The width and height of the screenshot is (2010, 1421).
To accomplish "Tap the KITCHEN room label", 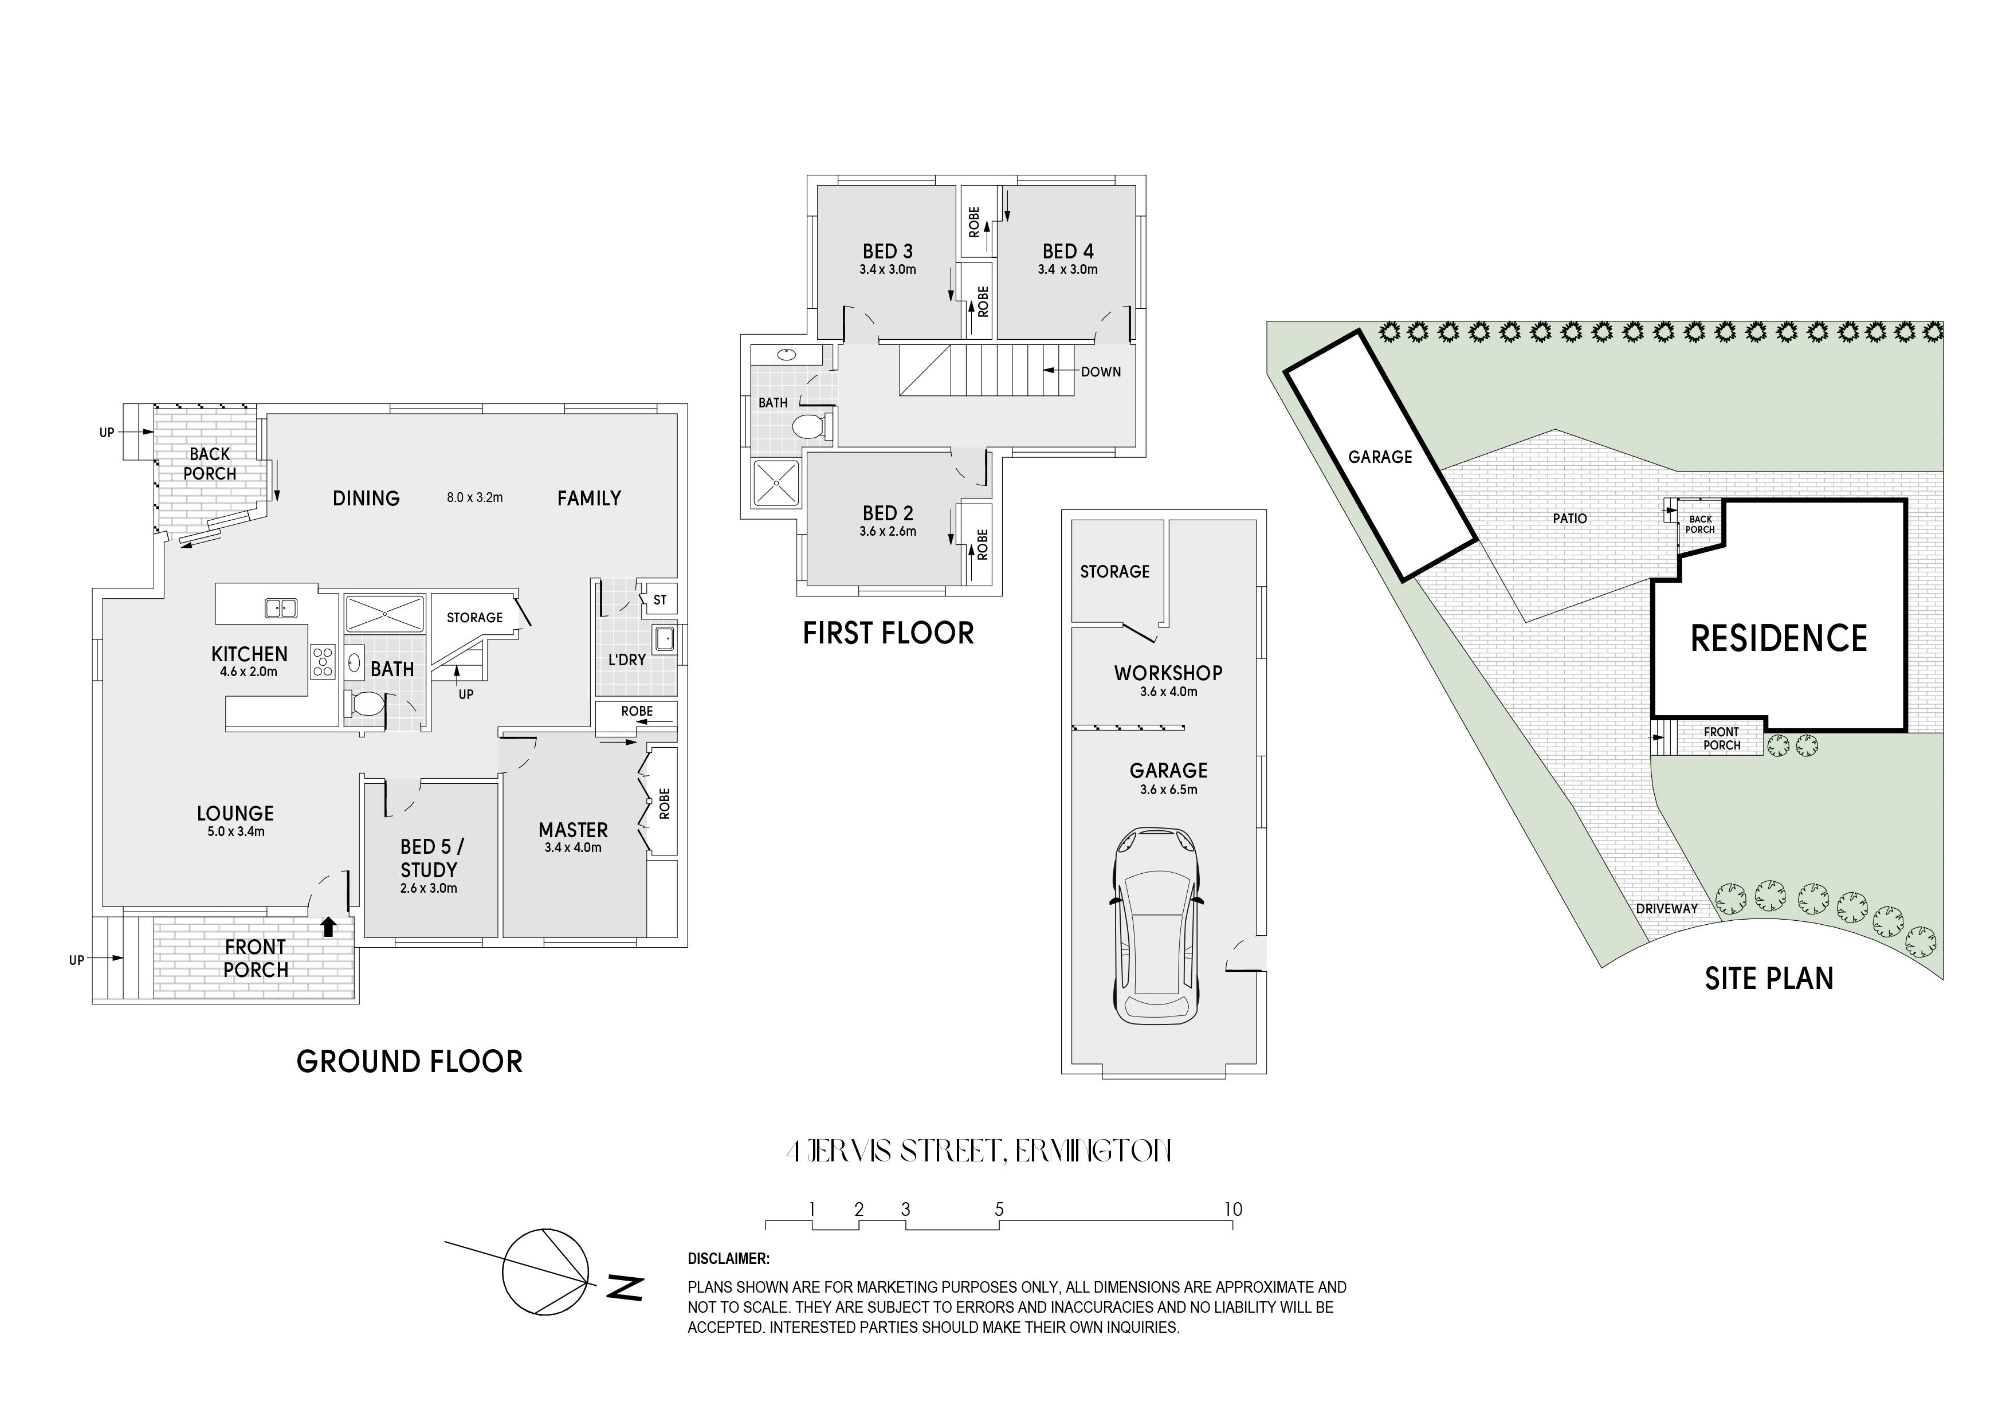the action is click(249, 654).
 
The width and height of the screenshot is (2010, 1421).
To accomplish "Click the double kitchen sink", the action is click(281, 607).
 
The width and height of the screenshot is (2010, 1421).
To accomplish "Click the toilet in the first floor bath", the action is click(810, 427).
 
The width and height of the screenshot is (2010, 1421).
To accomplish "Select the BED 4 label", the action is click(1068, 252).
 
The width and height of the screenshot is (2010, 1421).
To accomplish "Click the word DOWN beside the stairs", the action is click(1101, 372).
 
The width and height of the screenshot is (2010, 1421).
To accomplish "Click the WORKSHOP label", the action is click(1168, 673).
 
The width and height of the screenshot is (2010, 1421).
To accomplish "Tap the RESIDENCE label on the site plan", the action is click(1779, 638).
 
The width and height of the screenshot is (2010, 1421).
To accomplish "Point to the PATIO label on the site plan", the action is click(1569, 519).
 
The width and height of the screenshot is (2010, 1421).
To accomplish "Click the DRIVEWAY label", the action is click(1667, 909).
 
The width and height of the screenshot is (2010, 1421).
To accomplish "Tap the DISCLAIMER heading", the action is click(728, 1259).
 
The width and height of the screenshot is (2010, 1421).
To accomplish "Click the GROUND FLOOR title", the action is click(410, 1062).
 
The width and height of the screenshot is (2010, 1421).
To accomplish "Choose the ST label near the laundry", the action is click(660, 600).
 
